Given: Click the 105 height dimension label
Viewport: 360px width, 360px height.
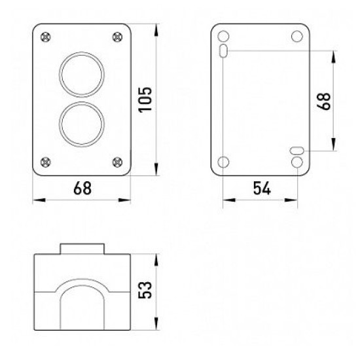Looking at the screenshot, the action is (x=145, y=99).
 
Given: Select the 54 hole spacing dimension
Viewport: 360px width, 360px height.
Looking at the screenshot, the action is (x=262, y=188).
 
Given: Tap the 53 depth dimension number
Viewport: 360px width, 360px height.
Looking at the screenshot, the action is (x=145, y=290).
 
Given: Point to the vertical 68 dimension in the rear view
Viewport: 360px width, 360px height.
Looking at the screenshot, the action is (x=323, y=101).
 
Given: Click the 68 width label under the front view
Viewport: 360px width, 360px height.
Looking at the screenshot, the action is (x=82, y=188).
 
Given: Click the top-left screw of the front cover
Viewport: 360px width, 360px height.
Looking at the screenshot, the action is (x=45, y=37).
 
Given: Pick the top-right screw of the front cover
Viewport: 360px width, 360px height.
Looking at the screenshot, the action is (x=117, y=37).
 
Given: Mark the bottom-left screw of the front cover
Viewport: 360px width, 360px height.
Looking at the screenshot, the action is (x=45, y=162).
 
